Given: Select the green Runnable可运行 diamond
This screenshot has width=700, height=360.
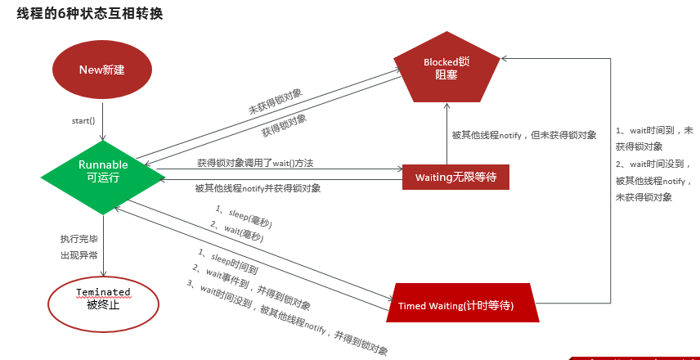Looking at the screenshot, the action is [x=103, y=170].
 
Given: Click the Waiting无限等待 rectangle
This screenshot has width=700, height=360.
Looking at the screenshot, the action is [x=456, y=177].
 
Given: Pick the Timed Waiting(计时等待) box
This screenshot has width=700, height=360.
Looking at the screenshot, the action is [x=466, y=304].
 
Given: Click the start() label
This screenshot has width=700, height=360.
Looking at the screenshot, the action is [x=83, y=121].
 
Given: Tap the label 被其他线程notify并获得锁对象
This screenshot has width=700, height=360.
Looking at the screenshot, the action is [x=258, y=188].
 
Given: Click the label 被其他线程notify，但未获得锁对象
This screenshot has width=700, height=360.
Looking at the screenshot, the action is [x=524, y=135].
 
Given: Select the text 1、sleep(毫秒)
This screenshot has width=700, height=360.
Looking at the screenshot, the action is [x=242, y=217].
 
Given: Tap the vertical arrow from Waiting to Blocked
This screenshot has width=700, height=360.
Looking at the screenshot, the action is [x=446, y=133].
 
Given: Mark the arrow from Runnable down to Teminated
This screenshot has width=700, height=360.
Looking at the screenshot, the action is [x=103, y=245].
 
